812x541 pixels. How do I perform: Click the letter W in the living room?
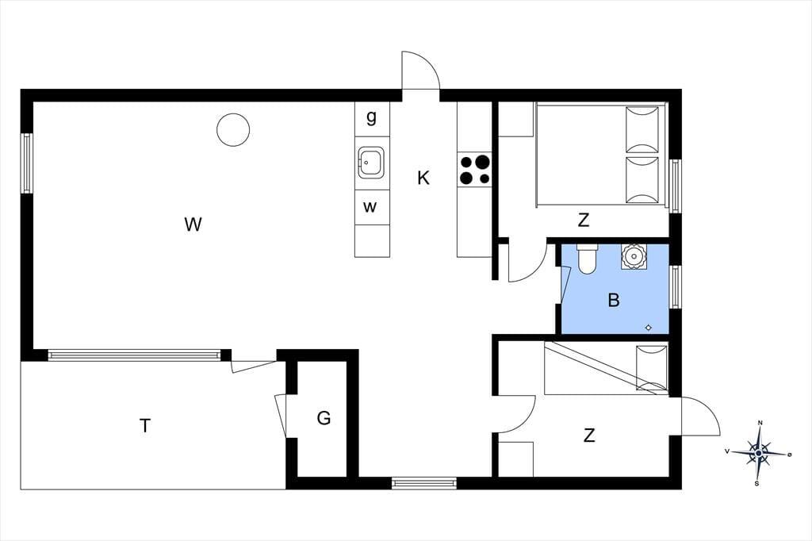(x=193, y=224)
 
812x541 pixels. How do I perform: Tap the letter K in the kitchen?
(x=423, y=178)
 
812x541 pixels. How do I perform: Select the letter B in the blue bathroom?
(x=614, y=300)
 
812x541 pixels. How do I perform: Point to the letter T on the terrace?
(x=145, y=425)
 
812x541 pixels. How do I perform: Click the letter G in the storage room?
(x=324, y=418)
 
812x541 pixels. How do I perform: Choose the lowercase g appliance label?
(x=371, y=117)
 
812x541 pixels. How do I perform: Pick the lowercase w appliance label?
(x=370, y=207)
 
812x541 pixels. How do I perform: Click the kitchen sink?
(x=371, y=163)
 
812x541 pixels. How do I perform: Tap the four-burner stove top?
(x=474, y=170)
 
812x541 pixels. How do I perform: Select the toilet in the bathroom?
(x=588, y=259)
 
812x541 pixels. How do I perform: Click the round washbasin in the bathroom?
(x=634, y=256)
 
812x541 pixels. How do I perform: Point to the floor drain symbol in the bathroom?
(x=649, y=328)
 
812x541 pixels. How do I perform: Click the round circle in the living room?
(x=233, y=129)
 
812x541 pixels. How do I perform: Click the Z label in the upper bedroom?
(x=584, y=221)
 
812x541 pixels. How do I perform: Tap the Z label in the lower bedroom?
(x=589, y=435)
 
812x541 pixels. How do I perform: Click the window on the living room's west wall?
(x=27, y=163)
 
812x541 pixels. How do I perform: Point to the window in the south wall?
(x=424, y=483)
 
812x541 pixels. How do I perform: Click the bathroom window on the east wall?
(x=675, y=286)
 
